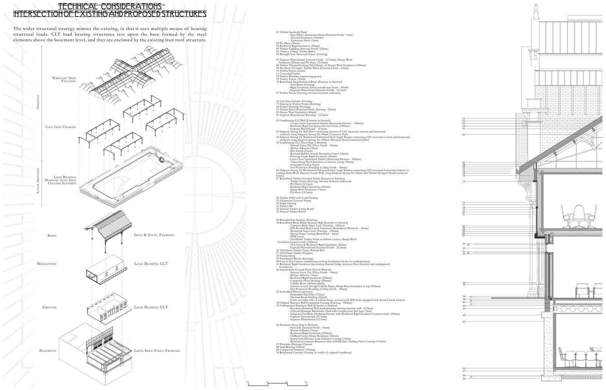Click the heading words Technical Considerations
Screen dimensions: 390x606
tap(111, 6)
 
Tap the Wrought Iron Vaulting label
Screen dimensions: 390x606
tap(64, 79)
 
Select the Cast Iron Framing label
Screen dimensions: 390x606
tap(61, 127)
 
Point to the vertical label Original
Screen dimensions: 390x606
tap(38, 102)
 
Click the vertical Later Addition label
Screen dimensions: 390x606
tap(38, 182)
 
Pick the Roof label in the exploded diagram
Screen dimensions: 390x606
tap(52, 236)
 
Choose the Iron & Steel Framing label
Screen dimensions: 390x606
tap(154, 235)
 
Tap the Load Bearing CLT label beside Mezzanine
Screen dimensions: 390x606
tap(151, 264)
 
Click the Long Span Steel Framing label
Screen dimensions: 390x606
tap(157, 351)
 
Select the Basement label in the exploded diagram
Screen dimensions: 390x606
tap(48, 351)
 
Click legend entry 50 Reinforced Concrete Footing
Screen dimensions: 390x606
tap(314, 352)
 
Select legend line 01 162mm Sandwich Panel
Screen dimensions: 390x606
tap(292, 32)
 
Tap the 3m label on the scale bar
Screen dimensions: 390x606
tap(306, 382)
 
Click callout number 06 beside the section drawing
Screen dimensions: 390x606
tap(464, 134)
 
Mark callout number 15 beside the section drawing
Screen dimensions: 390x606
tap(464, 181)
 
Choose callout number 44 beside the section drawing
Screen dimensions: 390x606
tap(464, 315)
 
